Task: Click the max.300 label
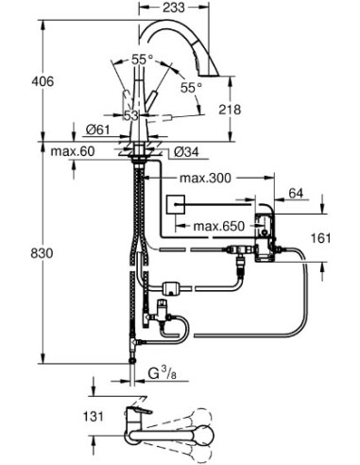coord(212,178)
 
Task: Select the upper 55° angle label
coord(140,59)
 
